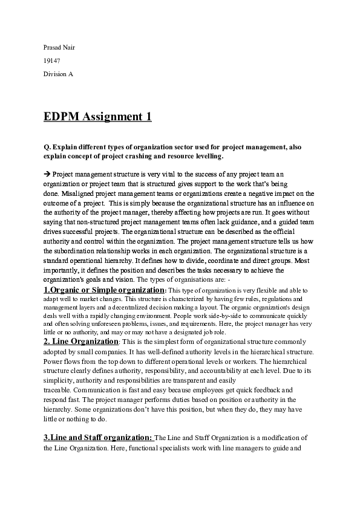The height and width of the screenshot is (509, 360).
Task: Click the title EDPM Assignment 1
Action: pos(97,116)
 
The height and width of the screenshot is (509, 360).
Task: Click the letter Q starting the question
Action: pos(47,147)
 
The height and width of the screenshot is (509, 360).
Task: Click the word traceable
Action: pos(56,390)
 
